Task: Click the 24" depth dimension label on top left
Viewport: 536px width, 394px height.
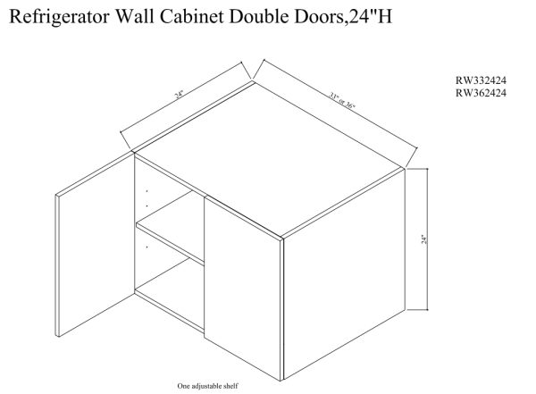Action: [182, 99]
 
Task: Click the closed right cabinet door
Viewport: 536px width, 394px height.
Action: [243, 286]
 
